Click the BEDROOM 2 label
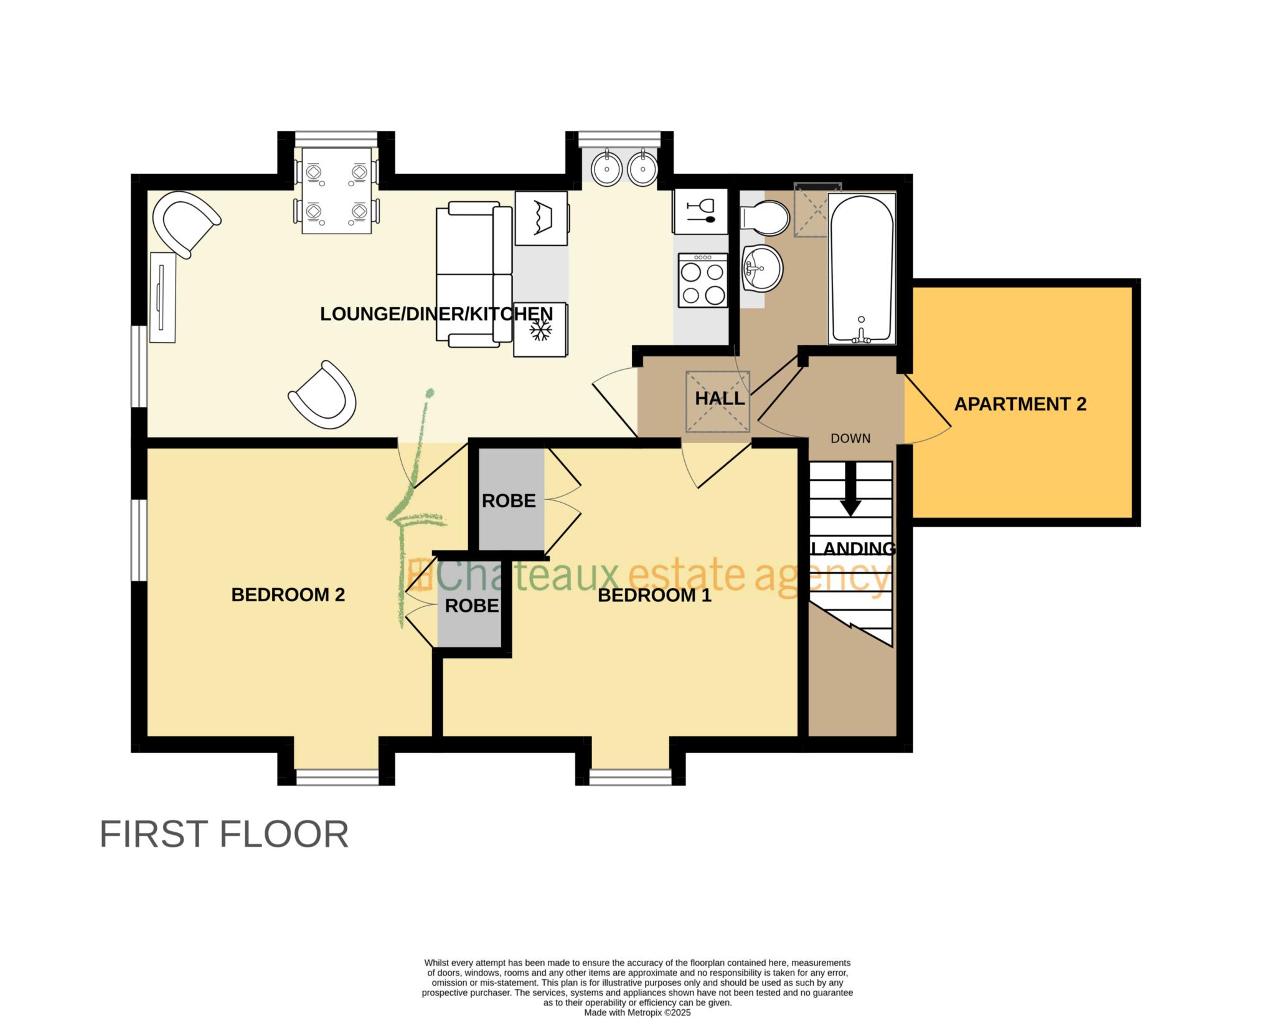(288, 595)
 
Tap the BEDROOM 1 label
(654, 596)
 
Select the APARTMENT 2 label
(1020, 404)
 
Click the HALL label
(720, 399)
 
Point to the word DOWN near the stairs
(850, 439)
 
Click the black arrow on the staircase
(850, 489)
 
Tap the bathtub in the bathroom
(862, 269)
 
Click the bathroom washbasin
(762, 268)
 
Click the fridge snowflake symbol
(540, 330)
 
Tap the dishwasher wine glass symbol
(700, 211)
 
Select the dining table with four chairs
(337, 191)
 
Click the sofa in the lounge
(474, 274)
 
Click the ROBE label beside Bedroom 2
(472, 606)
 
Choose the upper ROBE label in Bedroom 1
(509, 501)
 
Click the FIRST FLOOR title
(224, 835)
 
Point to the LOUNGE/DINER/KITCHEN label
(436, 314)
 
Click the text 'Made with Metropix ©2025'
(637, 1013)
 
